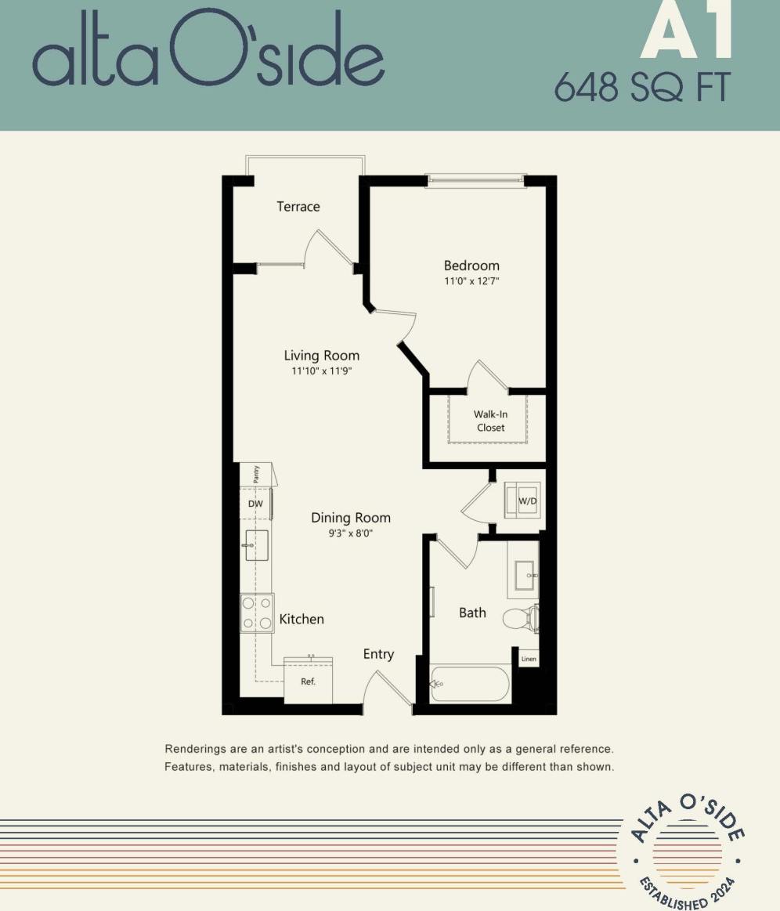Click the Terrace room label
click(x=298, y=207)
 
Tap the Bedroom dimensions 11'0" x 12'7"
click(x=471, y=280)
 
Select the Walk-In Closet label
click(x=490, y=421)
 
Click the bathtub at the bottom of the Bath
click(x=470, y=683)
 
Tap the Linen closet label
click(x=529, y=659)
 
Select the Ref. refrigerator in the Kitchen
click(x=309, y=680)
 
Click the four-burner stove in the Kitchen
click(x=256, y=613)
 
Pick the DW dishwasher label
click(x=255, y=504)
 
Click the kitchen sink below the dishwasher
click(x=256, y=545)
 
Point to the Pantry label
click(x=256, y=474)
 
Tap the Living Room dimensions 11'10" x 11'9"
click(x=321, y=371)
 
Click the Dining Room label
click(x=351, y=518)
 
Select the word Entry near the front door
click(x=378, y=654)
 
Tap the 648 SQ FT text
click(x=641, y=86)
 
